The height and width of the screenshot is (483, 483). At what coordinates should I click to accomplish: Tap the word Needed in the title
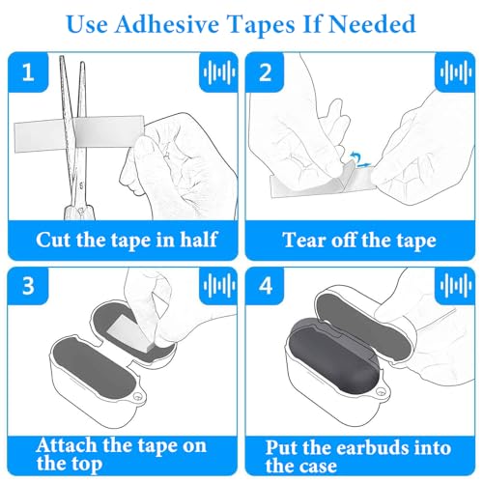(372, 24)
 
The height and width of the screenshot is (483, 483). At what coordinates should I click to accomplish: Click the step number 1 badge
(28, 71)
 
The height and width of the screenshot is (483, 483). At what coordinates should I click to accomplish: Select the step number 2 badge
(265, 72)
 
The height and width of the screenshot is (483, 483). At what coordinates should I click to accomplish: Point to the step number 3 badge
(28, 285)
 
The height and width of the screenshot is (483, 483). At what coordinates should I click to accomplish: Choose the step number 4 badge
(266, 285)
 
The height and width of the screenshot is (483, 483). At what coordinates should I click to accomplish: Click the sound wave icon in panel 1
(219, 72)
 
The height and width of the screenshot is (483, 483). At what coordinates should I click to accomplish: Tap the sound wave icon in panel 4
(456, 285)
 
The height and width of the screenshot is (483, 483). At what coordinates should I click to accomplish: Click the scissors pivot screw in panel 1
(80, 211)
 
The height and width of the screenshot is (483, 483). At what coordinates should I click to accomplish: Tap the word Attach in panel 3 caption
(67, 445)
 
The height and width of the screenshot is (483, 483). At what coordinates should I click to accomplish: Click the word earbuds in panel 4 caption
(368, 447)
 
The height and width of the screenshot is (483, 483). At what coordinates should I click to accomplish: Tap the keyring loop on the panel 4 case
(382, 392)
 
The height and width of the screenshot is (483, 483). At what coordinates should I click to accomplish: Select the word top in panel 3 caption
(85, 465)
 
